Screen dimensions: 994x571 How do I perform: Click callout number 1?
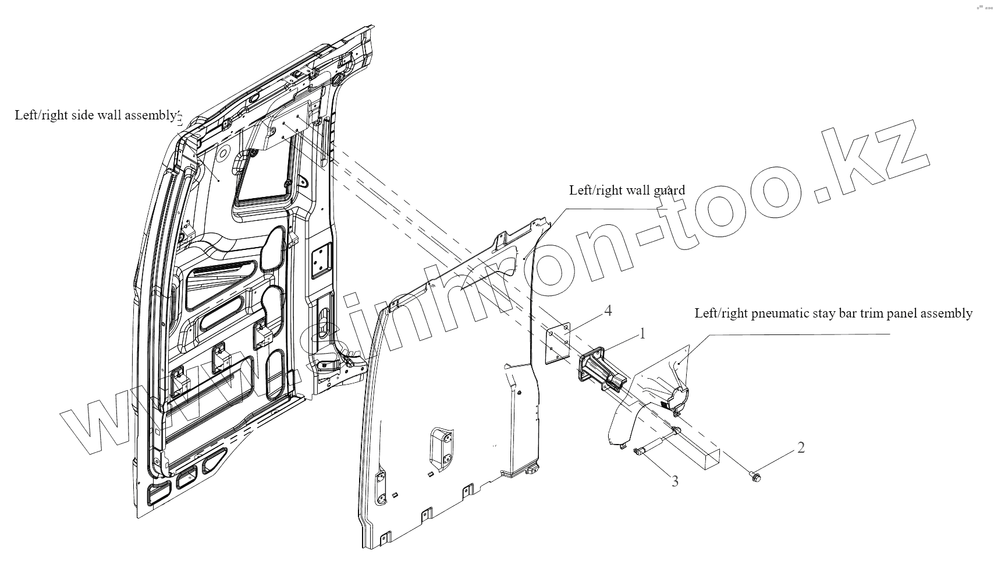(x=642, y=334)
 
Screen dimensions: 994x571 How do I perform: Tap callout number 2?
(x=801, y=447)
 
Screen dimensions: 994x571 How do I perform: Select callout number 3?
(x=675, y=481)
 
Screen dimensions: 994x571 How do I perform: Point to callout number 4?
(x=608, y=311)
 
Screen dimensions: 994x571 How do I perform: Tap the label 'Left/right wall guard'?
(x=627, y=190)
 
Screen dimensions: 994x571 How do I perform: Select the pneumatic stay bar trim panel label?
(x=833, y=313)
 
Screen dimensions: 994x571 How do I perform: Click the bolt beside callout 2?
(x=755, y=477)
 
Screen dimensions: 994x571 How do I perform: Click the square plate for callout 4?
(x=556, y=344)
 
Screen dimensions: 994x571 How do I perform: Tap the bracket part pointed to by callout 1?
(x=599, y=369)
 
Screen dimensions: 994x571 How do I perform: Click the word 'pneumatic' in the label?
(x=779, y=313)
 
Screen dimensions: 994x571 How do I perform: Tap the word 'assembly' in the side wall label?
(x=152, y=115)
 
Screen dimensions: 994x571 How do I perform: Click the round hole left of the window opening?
(x=222, y=153)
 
